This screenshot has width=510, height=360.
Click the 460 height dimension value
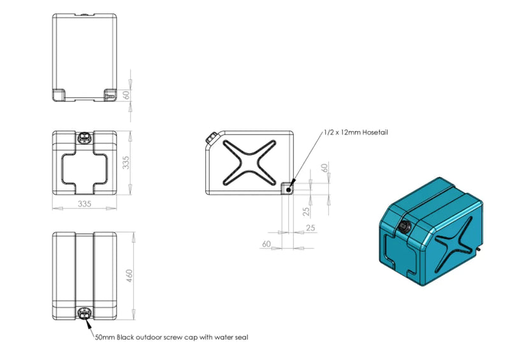pyautogui.click(x=129, y=276)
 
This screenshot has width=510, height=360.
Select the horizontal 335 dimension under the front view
pyautogui.click(x=85, y=204)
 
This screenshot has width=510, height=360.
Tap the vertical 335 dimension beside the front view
pyautogui.click(x=128, y=163)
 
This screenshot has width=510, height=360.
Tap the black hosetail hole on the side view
pyautogui.click(x=289, y=189)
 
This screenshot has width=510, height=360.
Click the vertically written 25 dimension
pyautogui.click(x=307, y=211)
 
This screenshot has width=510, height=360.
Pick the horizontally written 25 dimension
pyautogui.click(x=311, y=227)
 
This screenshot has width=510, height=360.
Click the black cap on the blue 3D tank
pyautogui.click(x=404, y=227)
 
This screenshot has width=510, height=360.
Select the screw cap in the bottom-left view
pyautogui.click(x=85, y=313)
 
